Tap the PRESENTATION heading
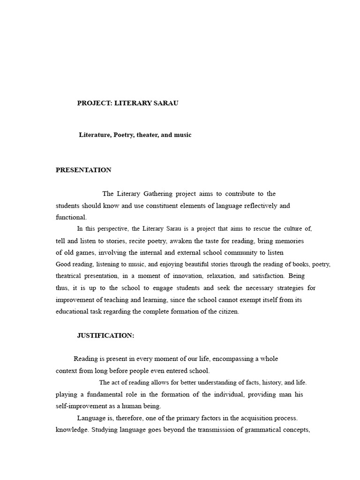[83, 170]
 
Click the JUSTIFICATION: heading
[105, 335]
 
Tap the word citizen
[228, 312]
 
